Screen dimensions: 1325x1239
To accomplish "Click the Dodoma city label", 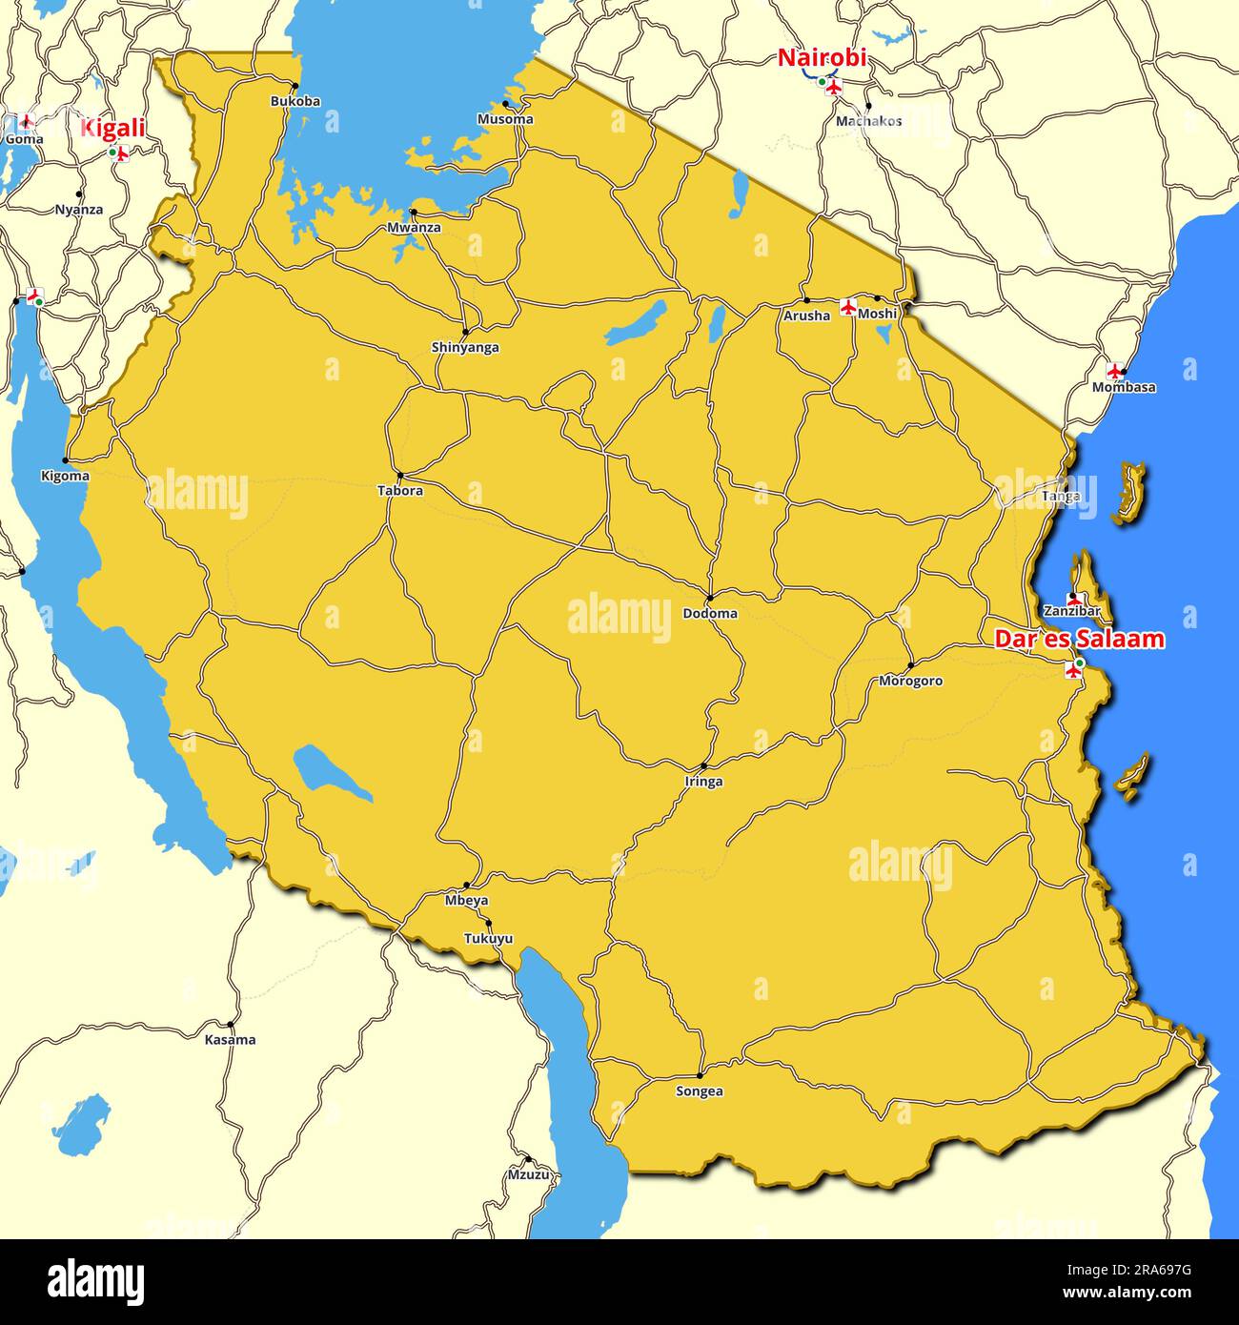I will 710,613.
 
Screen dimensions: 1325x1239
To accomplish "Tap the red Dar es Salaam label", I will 1079,640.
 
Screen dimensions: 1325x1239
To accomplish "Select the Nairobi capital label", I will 822,57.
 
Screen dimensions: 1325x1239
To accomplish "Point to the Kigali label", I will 112,128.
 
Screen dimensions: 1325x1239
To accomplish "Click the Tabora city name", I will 400,491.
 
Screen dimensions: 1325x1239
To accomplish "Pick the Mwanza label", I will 415,228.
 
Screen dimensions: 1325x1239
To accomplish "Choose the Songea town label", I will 699,1091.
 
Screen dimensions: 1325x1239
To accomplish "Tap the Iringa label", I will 703,782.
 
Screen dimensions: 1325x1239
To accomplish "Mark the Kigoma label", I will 66,476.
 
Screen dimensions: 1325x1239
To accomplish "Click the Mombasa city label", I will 1124,387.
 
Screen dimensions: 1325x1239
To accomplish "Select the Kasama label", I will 230,1039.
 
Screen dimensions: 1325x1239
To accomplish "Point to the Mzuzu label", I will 528,1174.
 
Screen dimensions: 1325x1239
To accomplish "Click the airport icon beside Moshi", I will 848,307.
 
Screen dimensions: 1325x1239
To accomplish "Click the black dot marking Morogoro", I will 910,665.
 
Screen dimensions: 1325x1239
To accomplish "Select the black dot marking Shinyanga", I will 465,332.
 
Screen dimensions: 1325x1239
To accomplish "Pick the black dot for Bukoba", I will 295,86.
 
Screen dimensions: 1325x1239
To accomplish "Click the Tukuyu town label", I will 488,938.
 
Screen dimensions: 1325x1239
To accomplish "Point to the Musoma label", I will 505,119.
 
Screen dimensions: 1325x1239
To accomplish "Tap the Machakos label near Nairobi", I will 868,121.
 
